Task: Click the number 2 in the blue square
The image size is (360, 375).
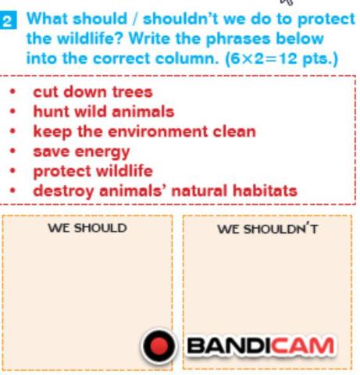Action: click(x=8, y=20)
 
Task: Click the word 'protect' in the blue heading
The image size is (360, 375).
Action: click(x=326, y=20)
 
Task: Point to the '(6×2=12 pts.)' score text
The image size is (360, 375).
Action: click(x=282, y=59)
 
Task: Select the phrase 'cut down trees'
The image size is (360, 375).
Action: click(x=93, y=92)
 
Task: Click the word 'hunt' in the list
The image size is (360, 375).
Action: click(x=52, y=112)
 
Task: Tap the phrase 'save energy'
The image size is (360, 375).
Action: click(x=81, y=152)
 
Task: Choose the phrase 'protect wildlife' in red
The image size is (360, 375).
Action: click(x=93, y=172)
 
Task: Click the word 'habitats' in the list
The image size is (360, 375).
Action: click(x=265, y=191)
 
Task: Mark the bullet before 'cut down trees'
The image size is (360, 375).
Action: click(x=12, y=92)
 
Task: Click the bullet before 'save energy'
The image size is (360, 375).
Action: click(x=12, y=151)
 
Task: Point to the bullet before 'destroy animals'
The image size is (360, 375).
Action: click(x=12, y=191)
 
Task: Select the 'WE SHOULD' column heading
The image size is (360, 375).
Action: click(x=87, y=228)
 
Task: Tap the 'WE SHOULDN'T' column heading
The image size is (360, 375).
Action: click(x=268, y=229)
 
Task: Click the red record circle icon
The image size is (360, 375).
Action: click(x=159, y=346)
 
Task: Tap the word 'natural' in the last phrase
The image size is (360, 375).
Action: click(x=200, y=191)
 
